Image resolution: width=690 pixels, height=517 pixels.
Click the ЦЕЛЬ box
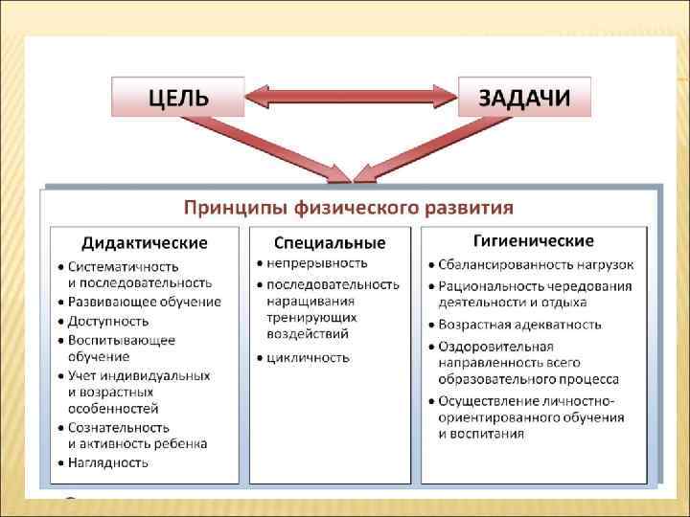click(177, 97)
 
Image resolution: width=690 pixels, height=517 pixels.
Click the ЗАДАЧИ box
click(524, 97)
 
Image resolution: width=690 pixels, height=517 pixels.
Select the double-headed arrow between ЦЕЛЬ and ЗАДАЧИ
click(351, 97)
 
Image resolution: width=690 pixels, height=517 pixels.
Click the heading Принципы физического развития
click(349, 207)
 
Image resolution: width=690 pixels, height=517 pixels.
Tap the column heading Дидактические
click(144, 242)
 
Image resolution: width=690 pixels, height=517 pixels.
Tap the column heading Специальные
click(330, 242)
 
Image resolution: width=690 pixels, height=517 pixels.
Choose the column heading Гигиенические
click(534, 240)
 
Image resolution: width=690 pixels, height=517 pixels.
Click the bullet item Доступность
click(108, 321)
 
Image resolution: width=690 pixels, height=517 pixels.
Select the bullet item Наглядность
click(107, 462)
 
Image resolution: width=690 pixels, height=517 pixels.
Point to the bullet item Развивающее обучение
click(144, 302)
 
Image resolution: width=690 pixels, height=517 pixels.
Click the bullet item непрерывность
click(316, 262)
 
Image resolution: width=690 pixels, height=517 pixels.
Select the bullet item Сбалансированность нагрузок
click(536, 264)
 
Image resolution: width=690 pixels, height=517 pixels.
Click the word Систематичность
click(124, 266)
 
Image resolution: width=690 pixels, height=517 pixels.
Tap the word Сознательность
click(119, 427)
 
